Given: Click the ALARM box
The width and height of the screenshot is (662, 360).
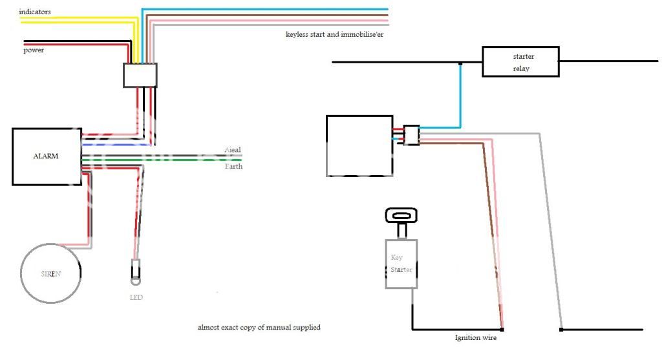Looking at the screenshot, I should tap(47, 156).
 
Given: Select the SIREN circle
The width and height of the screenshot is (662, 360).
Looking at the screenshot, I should tap(52, 273).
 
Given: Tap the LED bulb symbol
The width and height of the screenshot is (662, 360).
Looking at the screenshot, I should tap(136, 271).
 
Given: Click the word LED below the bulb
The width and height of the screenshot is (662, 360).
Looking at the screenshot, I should tap(136, 297).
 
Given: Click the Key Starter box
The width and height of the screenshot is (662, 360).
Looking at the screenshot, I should tap(401, 264).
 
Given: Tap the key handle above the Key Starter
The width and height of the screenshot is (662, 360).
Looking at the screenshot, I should tap(401, 215).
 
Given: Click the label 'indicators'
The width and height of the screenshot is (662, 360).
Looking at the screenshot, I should tap(35, 12).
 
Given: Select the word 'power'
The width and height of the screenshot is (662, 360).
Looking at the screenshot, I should tap(34, 50).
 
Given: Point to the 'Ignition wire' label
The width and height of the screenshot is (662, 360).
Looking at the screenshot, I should tap(476, 337).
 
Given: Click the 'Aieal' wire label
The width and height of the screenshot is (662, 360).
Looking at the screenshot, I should tap(232, 150).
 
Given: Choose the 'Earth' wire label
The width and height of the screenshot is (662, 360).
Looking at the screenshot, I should tap(233, 167).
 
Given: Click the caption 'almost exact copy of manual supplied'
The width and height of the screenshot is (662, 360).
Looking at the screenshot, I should tap(259, 328).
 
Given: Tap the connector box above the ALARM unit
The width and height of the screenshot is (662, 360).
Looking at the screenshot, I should tap(140, 75).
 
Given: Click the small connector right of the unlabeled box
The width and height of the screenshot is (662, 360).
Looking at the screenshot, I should tap(411, 134).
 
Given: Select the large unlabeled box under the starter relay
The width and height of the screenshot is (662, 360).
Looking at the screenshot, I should tap(359, 145).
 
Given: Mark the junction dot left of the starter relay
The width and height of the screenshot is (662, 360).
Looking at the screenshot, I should tap(460, 63).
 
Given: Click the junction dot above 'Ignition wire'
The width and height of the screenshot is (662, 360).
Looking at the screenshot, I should tap(502, 329).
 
